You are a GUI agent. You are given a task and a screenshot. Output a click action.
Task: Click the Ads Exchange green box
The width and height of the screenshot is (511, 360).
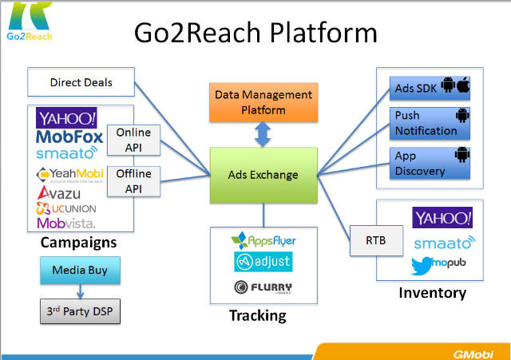click(263, 175)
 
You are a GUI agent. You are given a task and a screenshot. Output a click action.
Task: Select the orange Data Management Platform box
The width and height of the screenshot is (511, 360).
click(263, 101)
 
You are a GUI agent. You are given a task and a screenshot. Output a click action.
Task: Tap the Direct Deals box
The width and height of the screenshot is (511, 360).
click(81, 82)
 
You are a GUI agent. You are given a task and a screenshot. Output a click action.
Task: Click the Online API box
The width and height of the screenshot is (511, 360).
click(134, 139)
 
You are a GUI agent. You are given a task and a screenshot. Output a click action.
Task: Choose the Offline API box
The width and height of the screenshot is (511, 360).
click(134, 180)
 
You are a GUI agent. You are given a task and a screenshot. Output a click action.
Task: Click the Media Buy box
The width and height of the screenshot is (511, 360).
click(80, 270)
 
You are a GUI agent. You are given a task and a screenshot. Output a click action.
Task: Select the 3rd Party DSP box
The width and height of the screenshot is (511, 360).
click(80, 310)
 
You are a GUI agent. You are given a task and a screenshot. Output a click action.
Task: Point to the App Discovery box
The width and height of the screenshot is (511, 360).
click(430, 162)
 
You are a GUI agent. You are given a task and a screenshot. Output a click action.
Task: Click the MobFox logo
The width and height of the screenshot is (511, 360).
click(69, 137)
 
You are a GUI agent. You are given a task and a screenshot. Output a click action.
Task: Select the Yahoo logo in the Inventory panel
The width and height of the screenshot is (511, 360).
click(442, 217)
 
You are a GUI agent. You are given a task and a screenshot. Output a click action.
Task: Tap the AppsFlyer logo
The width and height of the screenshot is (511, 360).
click(263, 239)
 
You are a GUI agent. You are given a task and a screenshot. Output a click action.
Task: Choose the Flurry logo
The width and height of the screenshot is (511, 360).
click(263, 288)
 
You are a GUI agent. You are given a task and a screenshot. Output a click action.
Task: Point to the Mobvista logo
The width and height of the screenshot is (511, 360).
click(67, 223)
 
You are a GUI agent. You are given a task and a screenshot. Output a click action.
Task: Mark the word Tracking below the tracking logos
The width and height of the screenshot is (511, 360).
click(257, 315)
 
